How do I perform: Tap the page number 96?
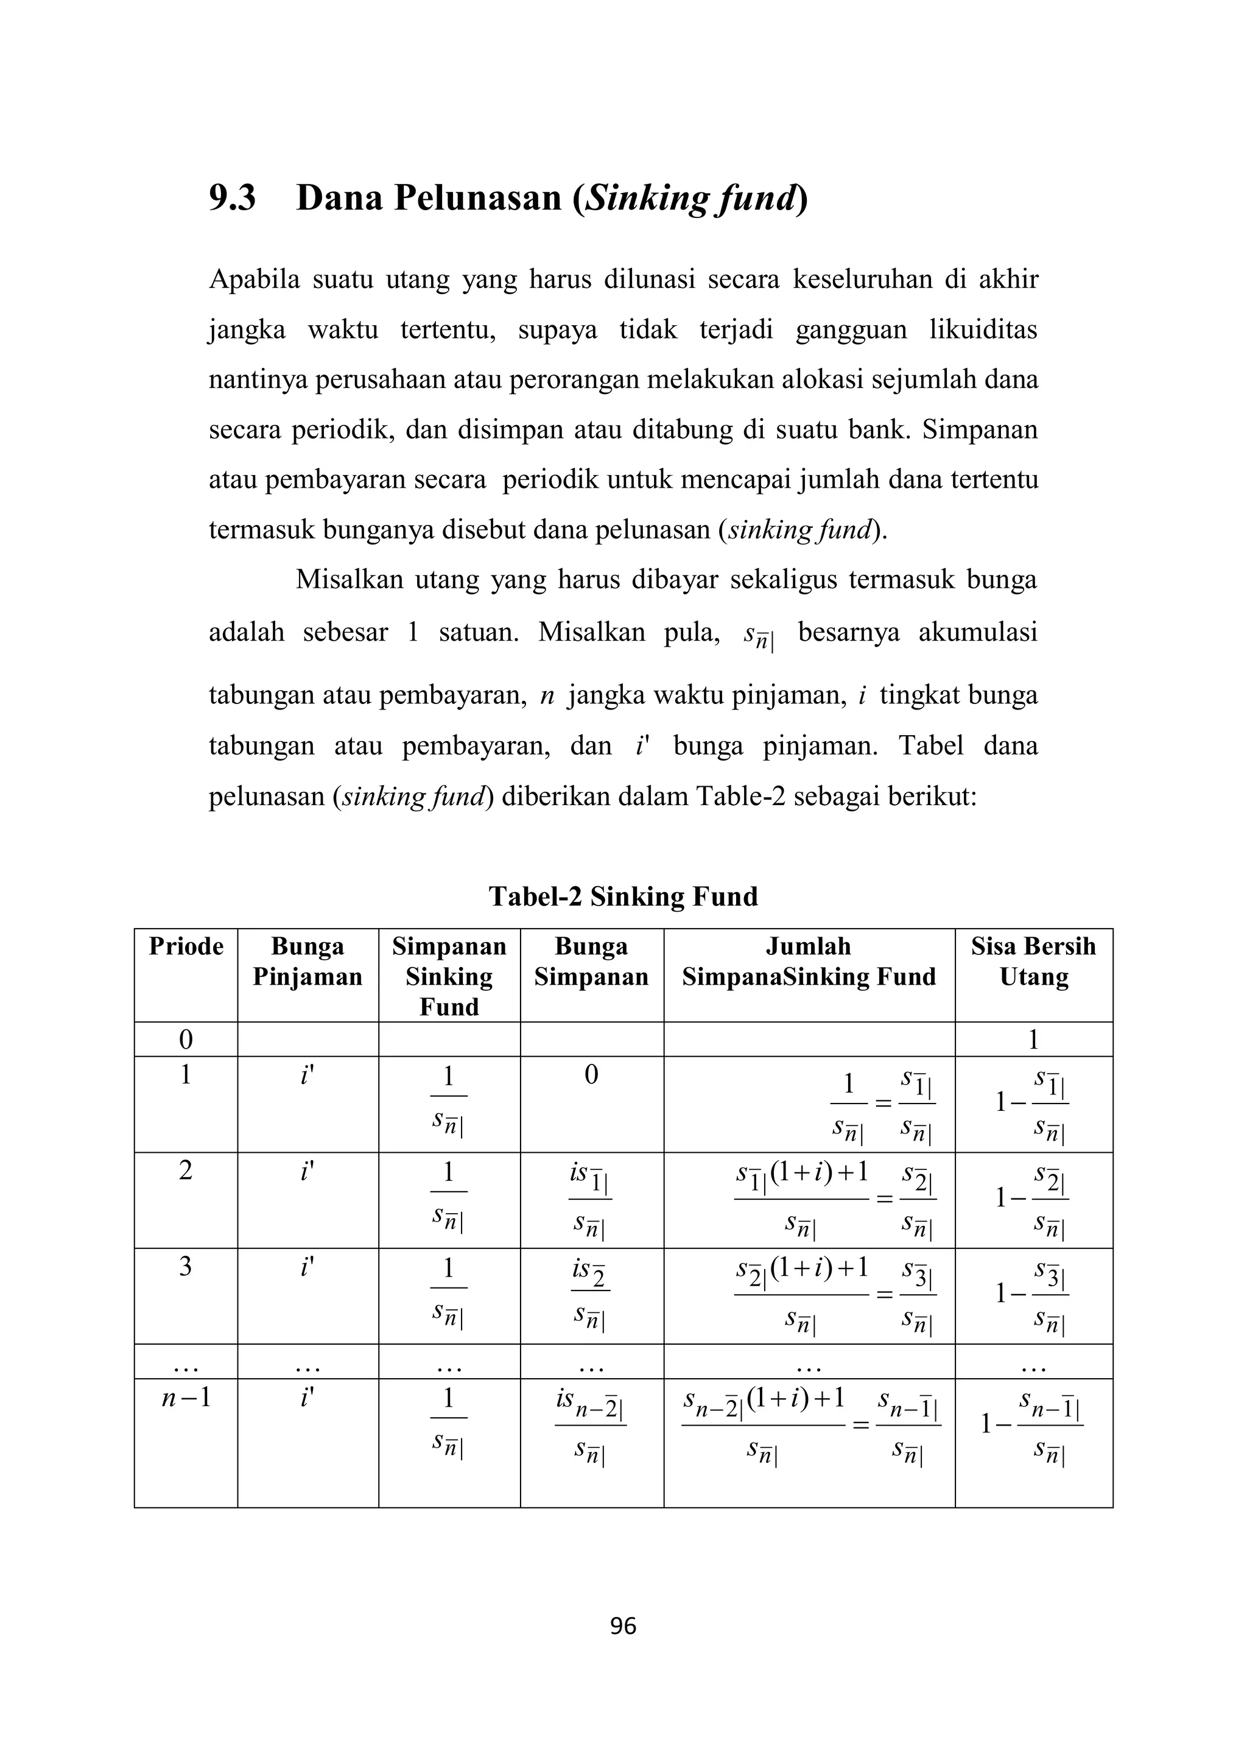pos(623,1625)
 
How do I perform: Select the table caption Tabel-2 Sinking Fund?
pos(623,896)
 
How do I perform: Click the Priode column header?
pos(186,946)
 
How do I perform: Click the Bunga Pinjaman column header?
pos(307,962)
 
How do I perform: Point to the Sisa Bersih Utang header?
pos(1033,962)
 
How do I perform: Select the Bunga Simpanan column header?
pos(591,962)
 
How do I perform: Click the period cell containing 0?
pos(186,1040)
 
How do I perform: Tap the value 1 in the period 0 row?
pos(1033,1040)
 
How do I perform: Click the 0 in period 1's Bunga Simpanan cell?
pos(591,1075)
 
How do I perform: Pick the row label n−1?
pos(186,1398)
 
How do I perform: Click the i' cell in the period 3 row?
pos(307,1266)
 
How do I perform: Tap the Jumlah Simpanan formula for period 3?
pos(834,1295)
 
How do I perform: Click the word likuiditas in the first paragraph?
pos(983,329)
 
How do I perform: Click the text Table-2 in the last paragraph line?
pos(740,797)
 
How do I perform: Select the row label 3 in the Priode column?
pos(186,1266)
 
